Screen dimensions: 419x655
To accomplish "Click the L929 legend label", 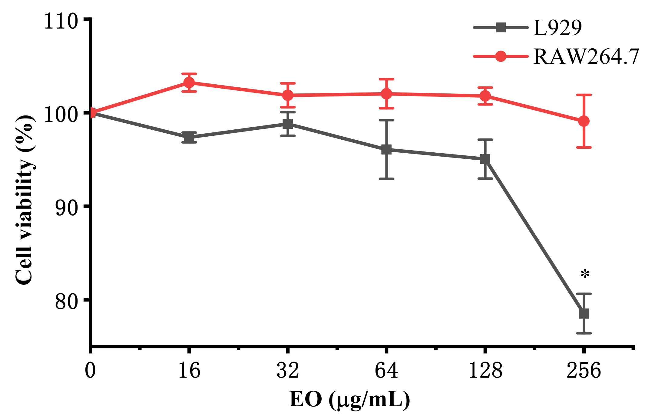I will click(557, 28).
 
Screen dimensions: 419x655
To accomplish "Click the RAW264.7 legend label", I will click(586, 57).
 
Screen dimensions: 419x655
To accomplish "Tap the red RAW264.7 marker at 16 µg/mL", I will click(189, 82).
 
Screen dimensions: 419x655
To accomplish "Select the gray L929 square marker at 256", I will click(584, 313).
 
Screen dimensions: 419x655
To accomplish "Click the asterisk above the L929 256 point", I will click(585, 274).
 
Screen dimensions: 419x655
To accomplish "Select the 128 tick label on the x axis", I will click(485, 371).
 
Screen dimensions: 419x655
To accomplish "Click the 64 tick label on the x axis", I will click(386, 371).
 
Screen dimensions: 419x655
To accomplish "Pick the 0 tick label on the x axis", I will click(90, 371).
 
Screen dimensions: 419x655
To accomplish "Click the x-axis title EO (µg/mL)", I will click(350, 400).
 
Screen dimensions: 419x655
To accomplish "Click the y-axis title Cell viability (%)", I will click(24, 200).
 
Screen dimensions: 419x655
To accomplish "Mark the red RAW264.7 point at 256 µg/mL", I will click(584, 121).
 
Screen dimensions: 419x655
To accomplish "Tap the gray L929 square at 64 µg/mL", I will click(386, 149).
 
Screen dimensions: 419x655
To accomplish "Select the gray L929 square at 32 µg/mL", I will click(288, 124).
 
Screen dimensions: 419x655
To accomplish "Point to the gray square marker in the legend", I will click(501, 28).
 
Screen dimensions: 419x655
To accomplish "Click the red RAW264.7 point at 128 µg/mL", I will click(485, 96).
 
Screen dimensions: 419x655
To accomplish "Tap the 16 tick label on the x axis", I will click(189, 371).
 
